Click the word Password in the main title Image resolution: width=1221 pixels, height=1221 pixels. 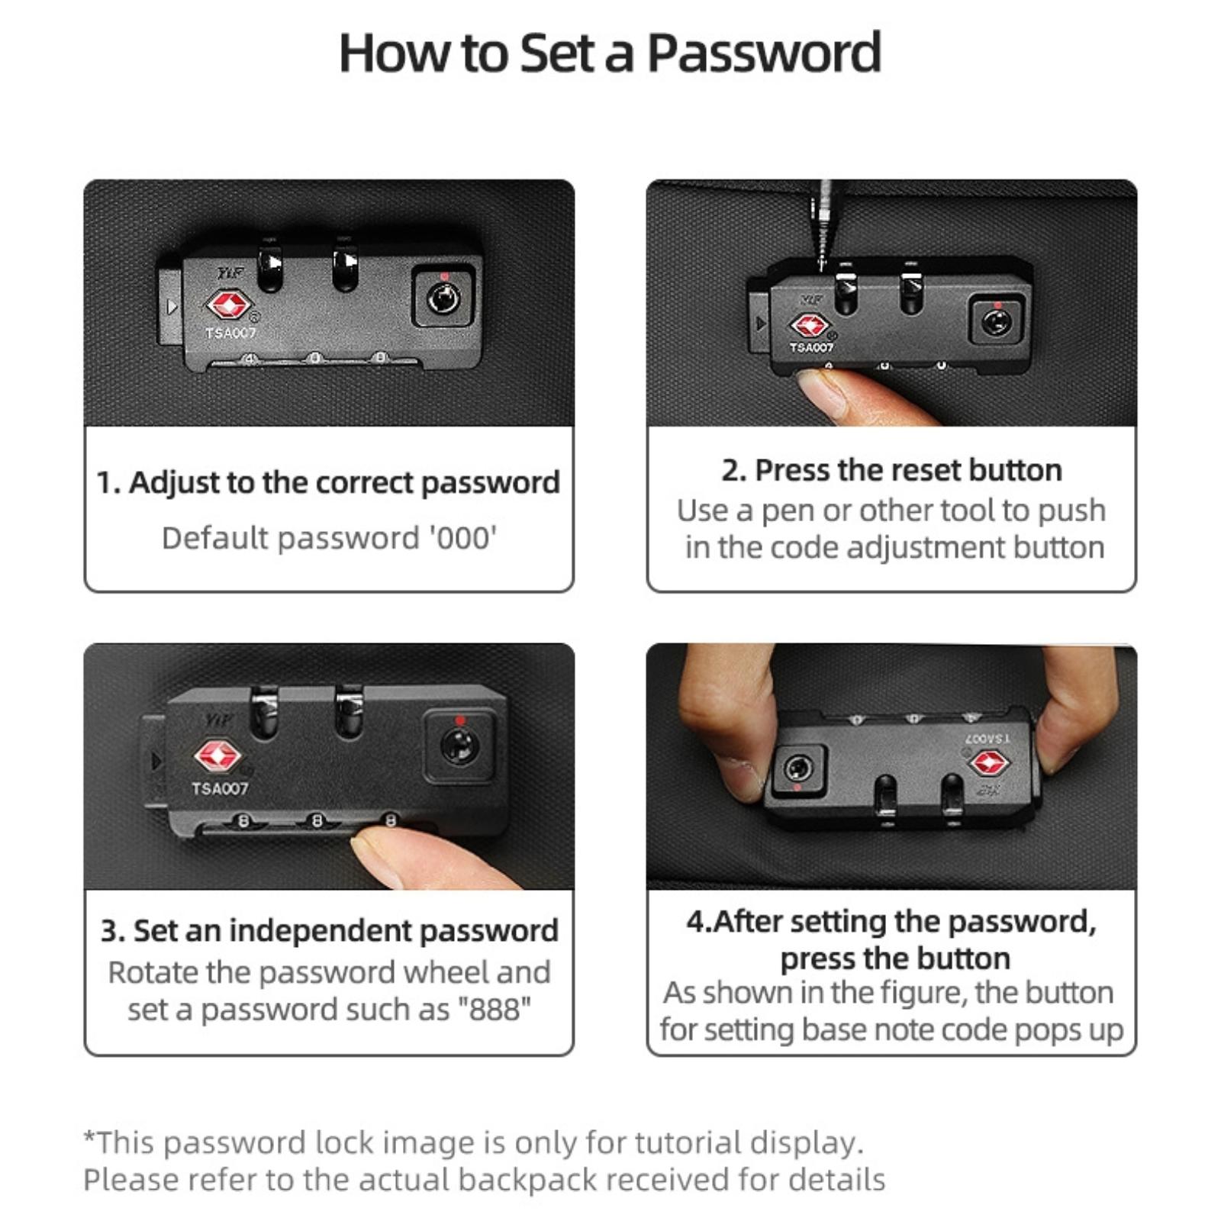[765, 53]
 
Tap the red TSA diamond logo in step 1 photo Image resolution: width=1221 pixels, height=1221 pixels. [228, 305]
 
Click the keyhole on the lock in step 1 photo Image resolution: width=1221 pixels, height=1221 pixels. [443, 298]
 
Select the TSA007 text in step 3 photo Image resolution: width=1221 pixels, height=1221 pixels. [221, 788]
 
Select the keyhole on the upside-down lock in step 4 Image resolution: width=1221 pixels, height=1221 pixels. [797, 767]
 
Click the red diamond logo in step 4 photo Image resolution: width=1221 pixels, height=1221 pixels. [989, 762]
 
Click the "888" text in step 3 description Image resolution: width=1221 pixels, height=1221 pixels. [494, 1010]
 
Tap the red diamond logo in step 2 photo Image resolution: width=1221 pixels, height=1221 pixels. [810, 326]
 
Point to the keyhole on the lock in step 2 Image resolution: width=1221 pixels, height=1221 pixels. [996, 321]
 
